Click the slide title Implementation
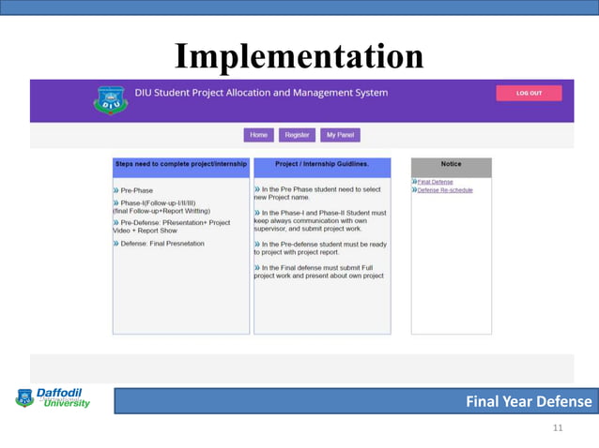tap(299, 56)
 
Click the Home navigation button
tap(258, 135)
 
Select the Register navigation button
tap(297, 135)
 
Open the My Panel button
tap(339, 135)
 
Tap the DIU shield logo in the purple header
tap(110, 99)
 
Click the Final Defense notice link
tap(435, 182)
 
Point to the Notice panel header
tap(451, 164)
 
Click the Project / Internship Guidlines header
tap(322, 164)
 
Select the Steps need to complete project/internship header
tap(181, 164)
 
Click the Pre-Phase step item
tap(136, 190)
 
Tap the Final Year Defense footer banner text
tap(529, 402)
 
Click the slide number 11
tap(558, 428)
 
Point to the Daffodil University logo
tap(54, 398)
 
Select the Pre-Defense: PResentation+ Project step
tap(175, 222)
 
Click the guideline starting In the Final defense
tap(319, 272)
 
